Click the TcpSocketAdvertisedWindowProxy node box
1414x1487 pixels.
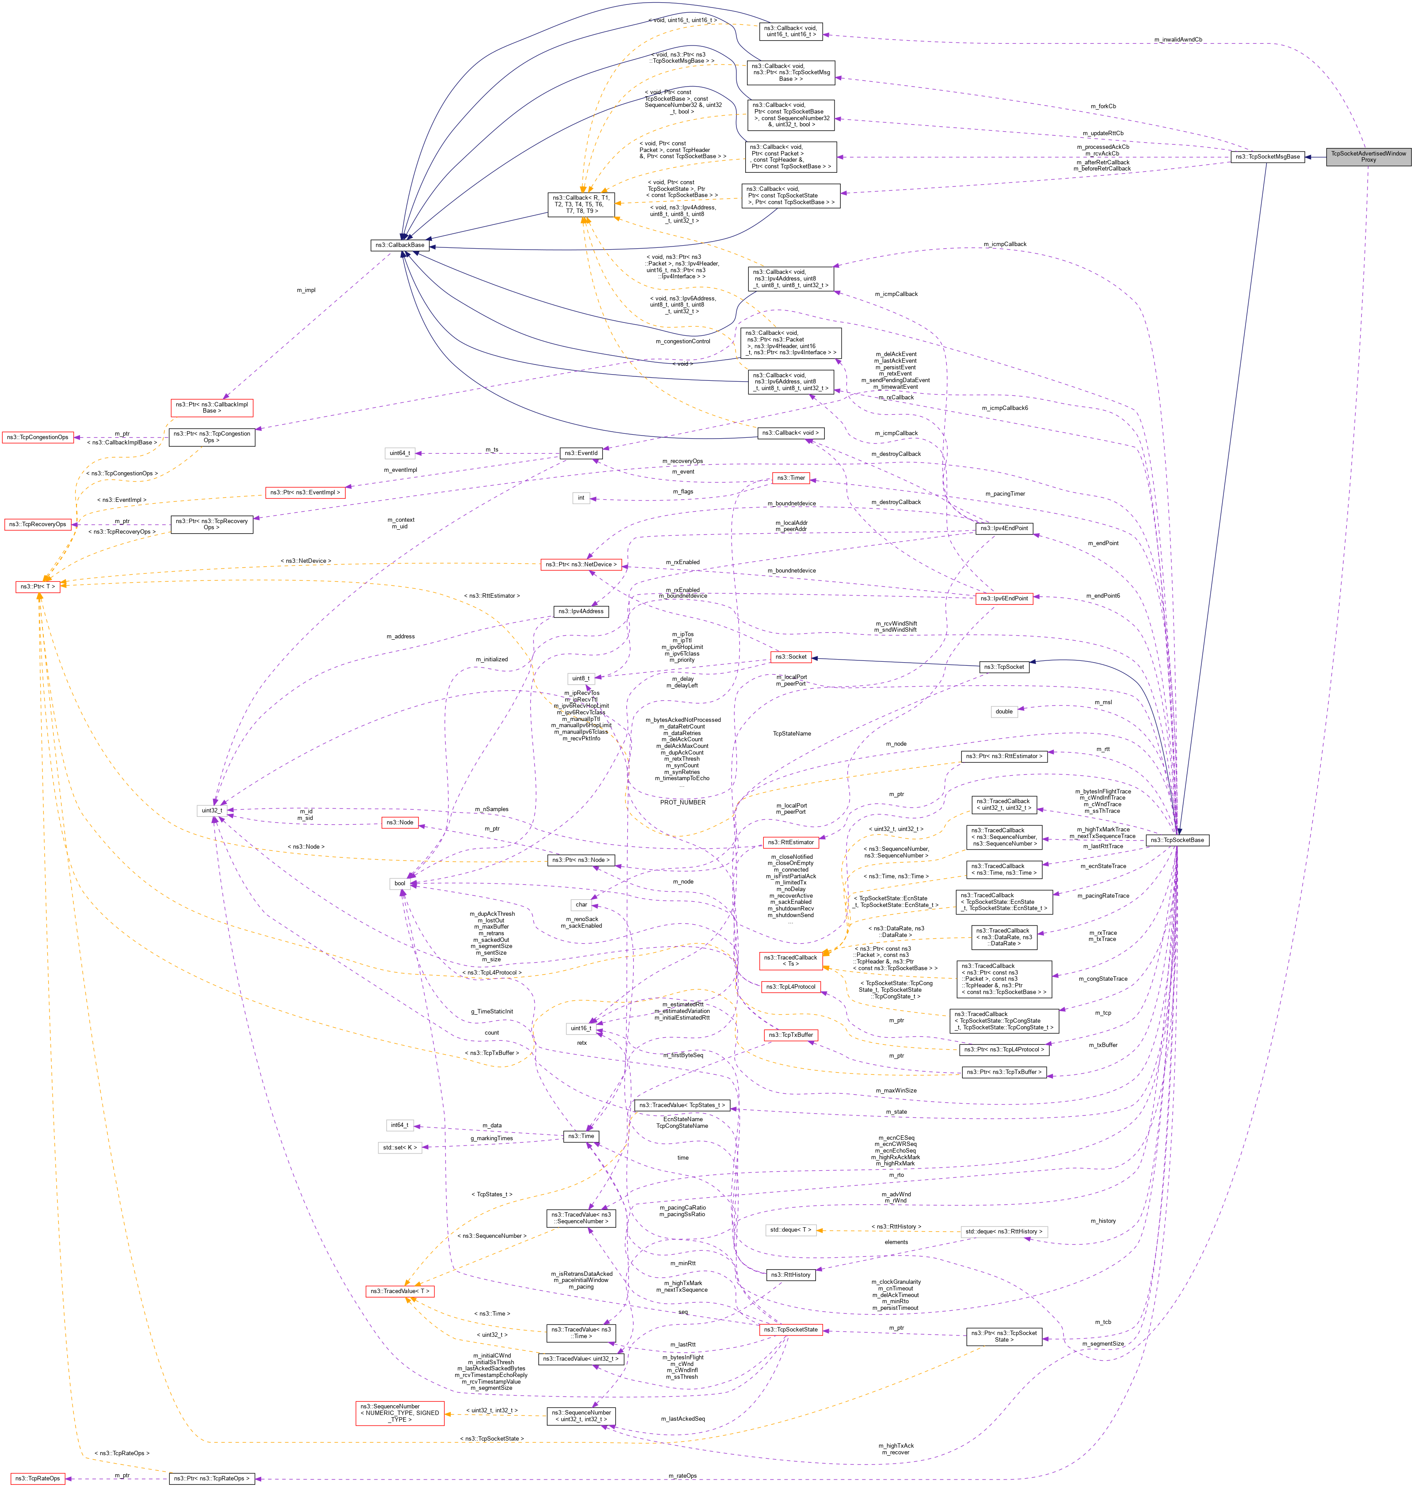1368,157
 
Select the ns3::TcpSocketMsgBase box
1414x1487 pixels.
1267,157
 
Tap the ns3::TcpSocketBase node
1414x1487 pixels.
1178,840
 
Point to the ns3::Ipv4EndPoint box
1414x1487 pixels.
1003,528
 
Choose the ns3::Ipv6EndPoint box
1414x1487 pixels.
1003,598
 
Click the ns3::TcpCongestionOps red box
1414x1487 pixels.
38,437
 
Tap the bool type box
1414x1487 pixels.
400,883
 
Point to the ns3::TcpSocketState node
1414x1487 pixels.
790,1330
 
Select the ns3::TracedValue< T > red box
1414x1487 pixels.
400,1291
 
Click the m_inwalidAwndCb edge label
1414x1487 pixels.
1178,39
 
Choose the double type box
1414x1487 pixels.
1004,711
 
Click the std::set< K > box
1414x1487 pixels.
400,1147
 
